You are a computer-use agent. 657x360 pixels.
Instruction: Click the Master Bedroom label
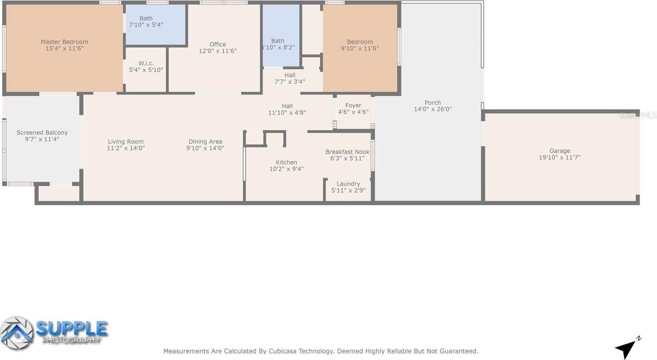pos(64,42)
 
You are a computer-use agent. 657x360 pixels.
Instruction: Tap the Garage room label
pos(559,151)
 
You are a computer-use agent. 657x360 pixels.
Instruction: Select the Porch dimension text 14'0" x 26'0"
pos(433,109)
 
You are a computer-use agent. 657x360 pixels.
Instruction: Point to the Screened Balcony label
pos(42,133)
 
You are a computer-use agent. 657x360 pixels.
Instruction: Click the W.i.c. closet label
pos(146,63)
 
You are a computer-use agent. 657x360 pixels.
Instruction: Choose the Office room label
pos(217,44)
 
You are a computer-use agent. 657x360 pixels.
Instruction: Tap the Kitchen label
pos(286,162)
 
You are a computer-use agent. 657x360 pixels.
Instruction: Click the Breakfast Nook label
pos(347,152)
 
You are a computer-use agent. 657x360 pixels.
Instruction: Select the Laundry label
pos(348,184)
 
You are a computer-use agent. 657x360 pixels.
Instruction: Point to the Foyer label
pos(353,106)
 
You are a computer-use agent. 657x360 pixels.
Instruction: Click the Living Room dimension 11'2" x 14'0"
pos(126,148)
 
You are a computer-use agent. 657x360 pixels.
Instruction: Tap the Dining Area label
pos(205,142)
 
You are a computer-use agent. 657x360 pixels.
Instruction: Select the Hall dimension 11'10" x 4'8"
pos(287,113)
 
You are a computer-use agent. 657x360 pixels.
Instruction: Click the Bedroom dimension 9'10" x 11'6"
pos(360,49)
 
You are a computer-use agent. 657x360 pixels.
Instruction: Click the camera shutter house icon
pos(16,333)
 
